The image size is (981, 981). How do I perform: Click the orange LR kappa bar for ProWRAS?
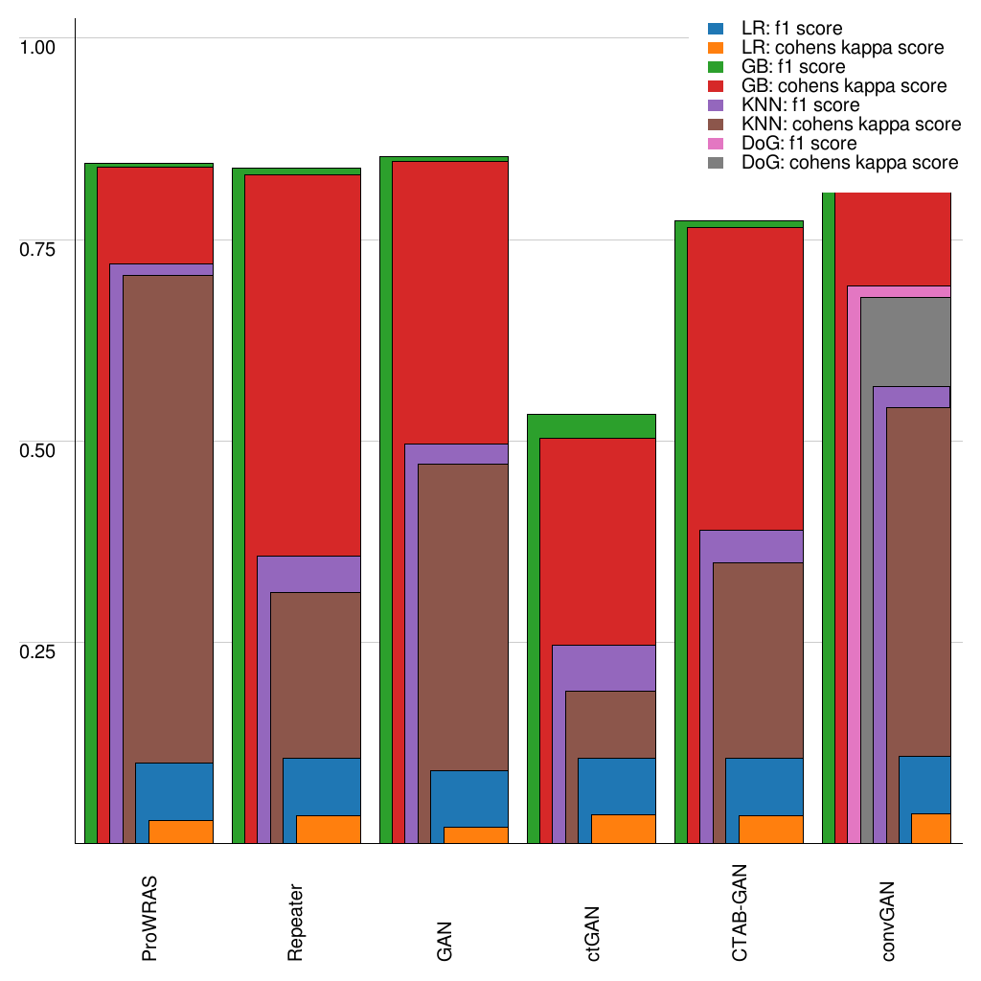pos(181,832)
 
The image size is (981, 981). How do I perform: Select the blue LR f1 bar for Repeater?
pos(322,787)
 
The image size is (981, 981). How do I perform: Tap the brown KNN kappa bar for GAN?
pos(476,642)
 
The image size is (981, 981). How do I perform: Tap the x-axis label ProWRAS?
pos(149,917)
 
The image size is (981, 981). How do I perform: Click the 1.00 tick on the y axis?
pos(39,46)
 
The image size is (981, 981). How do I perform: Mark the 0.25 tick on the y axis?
pos(39,650)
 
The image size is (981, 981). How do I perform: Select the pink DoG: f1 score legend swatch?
pos(715,144)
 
